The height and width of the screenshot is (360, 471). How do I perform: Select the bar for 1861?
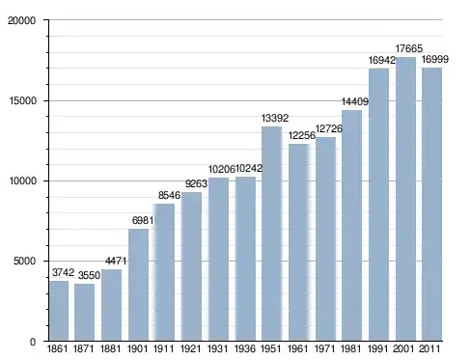tap(59, 311)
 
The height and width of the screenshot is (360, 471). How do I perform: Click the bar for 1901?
tap(138, 285)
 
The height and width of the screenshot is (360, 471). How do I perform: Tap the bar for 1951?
tap(271, 234)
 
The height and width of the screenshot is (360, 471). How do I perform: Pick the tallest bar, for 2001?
tap(405, 199)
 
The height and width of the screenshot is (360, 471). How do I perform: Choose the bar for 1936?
tap(245, 259)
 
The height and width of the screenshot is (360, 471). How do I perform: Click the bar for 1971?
tap(325, 239)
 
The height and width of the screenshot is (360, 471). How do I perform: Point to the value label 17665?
tap(408, 48)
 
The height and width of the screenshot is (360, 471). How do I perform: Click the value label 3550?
tap(89, 275)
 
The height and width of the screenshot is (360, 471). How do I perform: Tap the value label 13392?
tap(275, 118)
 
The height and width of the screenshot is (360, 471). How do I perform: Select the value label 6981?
tap(143, 220)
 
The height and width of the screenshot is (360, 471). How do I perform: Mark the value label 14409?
tap(355, 101)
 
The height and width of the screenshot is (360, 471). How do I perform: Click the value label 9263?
tap(196, 183)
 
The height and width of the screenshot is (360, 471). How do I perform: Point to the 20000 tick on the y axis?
tap(21, 20)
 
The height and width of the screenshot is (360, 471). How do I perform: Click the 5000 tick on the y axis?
tap(24, 261)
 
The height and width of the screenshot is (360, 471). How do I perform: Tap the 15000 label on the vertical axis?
tap(22, 100)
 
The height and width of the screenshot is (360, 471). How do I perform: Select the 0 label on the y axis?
tap(33, 342)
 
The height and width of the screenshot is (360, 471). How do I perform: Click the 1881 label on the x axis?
tap(110, 348)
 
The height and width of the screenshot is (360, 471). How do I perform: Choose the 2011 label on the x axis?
tap(430, 348)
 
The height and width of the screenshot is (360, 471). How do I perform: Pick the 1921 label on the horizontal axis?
tap(190, 348)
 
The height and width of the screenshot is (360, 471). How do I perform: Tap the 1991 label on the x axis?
tap(378, 348)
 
